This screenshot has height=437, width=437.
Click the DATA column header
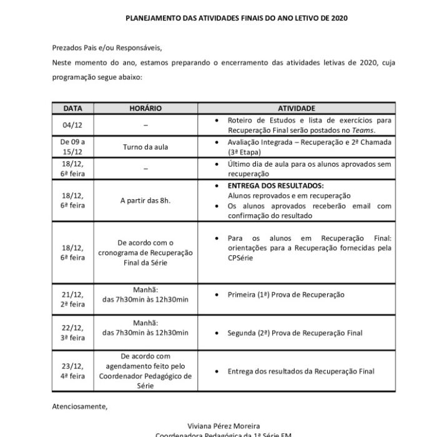click(72, 108)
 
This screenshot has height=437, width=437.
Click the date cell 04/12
click(72, 124)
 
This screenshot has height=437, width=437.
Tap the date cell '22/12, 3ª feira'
click(72, 333)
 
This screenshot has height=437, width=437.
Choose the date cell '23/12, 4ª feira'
click(72, 371)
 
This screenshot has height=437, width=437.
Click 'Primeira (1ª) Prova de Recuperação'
click(286, 295)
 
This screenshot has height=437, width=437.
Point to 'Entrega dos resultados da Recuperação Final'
click(301, 371)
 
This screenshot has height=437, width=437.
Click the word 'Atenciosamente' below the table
click(79, 406)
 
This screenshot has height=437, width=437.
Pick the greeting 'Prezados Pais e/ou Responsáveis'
click(110, 46)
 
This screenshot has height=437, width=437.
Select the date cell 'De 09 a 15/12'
click(72, 147)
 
